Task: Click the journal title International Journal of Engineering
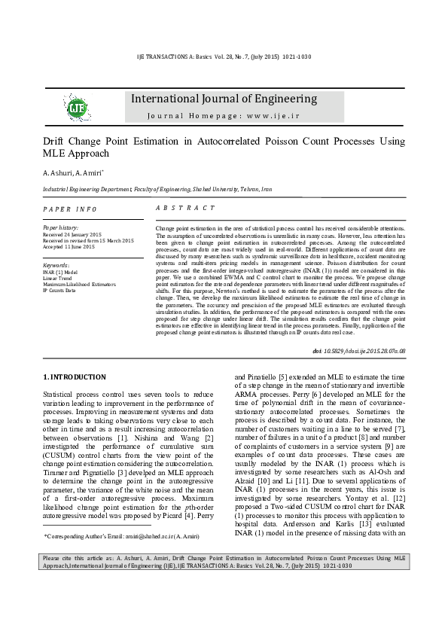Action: (x=224, y=99)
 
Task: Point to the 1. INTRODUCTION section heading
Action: (x=74, y=376)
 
